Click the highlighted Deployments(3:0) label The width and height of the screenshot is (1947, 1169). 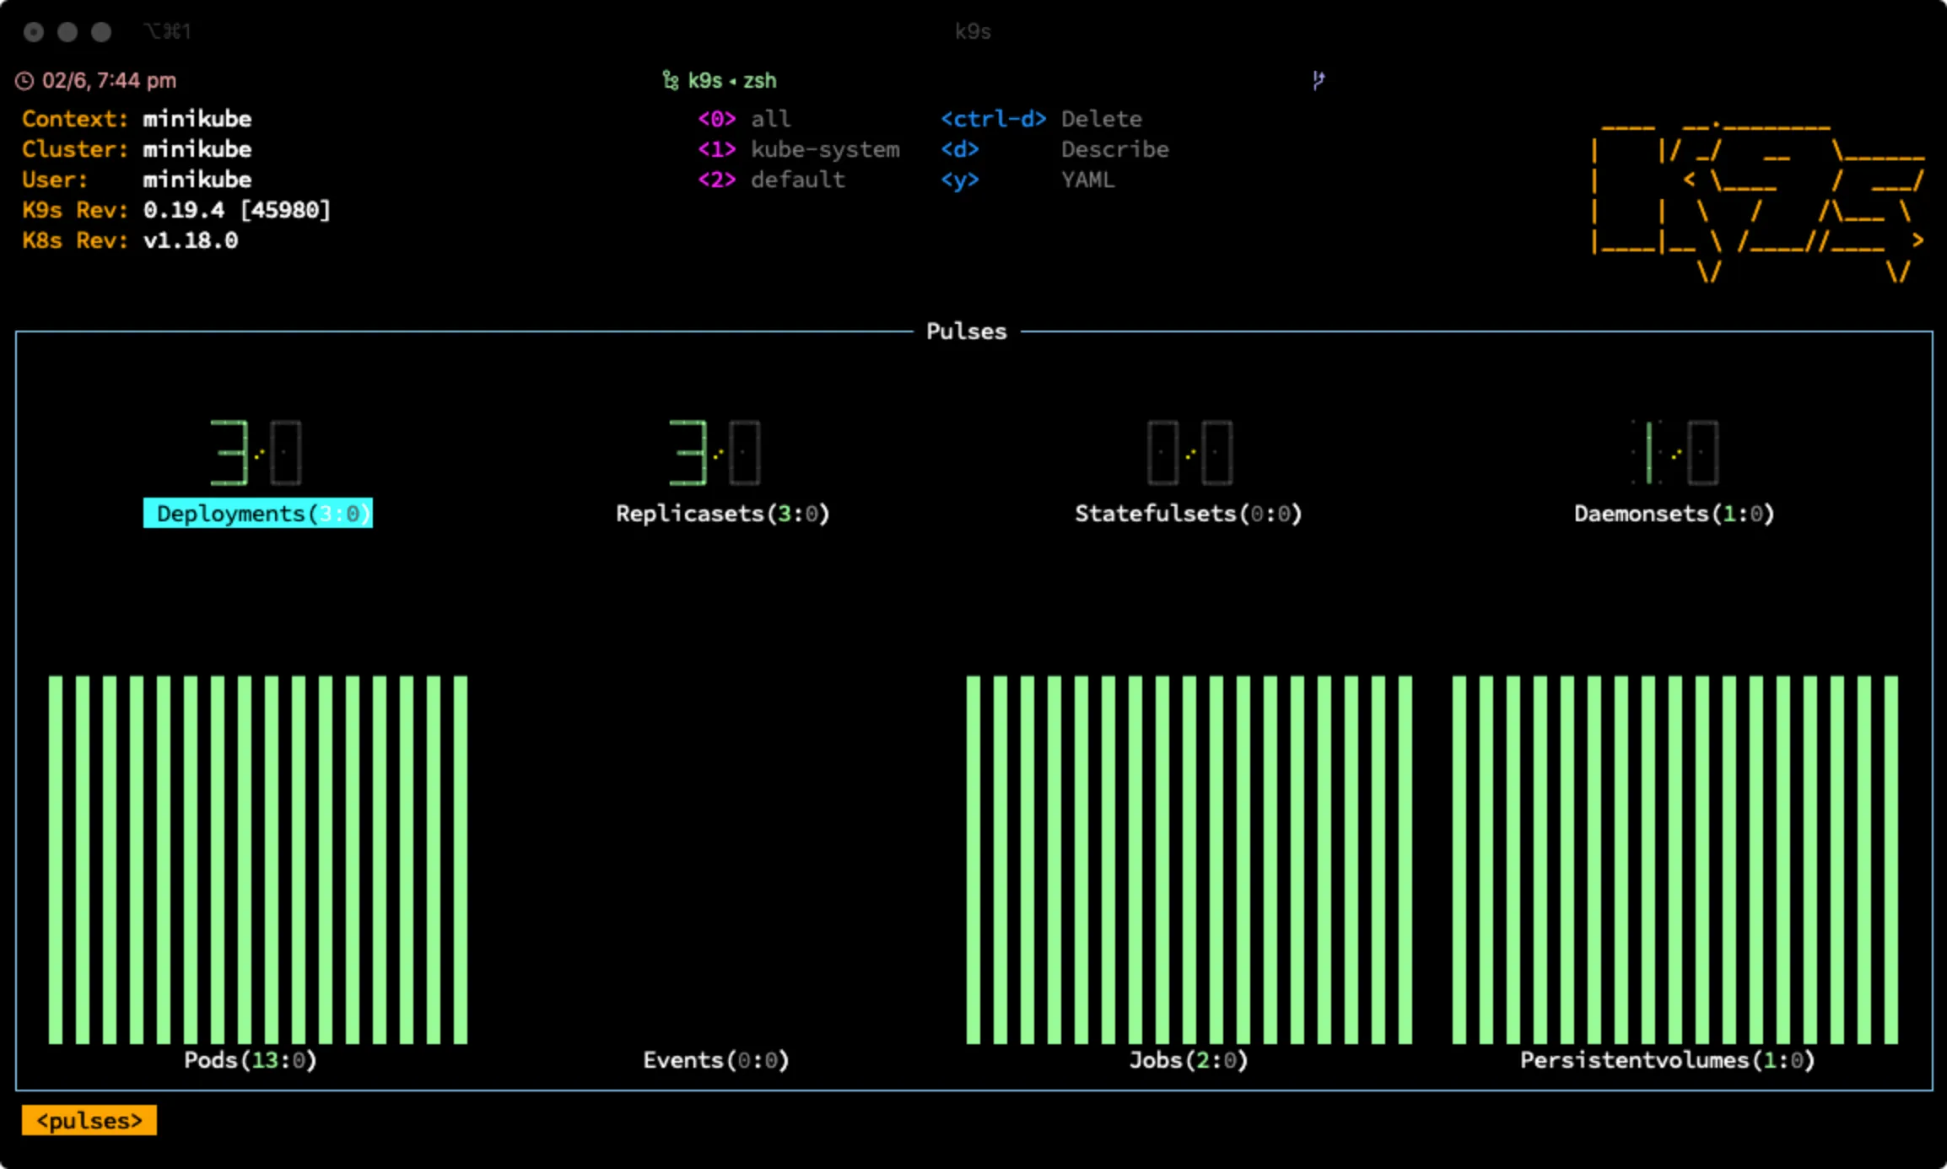coord(258,514)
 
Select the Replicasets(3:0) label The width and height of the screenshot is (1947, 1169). coord(723,514)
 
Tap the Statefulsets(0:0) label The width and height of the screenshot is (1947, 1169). coord(1189,514)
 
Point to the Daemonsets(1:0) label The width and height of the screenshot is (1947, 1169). coord(1675,514)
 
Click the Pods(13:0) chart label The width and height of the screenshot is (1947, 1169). coord(251,1060)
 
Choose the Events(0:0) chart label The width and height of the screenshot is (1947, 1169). coord(716,1060)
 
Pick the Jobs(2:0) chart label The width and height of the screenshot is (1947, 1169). coord(1189,1060)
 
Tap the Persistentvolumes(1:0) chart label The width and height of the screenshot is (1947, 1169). coord(1668,1060)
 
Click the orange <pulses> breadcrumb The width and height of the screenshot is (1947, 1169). coord(89,1121)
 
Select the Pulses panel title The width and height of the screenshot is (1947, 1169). coord(967,331)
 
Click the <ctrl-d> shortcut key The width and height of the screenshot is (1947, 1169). coord(994,119)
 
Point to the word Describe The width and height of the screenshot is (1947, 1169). coord(1115,149)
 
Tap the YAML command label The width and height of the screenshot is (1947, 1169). coord(1088,180)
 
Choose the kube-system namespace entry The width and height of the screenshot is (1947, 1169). coord(825,149)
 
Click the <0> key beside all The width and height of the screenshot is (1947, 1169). coord(717,119)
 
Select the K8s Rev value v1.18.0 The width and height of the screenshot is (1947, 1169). coord(191,240)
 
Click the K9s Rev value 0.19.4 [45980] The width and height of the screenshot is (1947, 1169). coord(237,210)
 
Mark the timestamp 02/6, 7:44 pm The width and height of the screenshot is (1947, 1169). coord(110,80)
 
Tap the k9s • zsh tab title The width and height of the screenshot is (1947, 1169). coord(732,80)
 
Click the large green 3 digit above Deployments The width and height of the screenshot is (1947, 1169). coord(229,453)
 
